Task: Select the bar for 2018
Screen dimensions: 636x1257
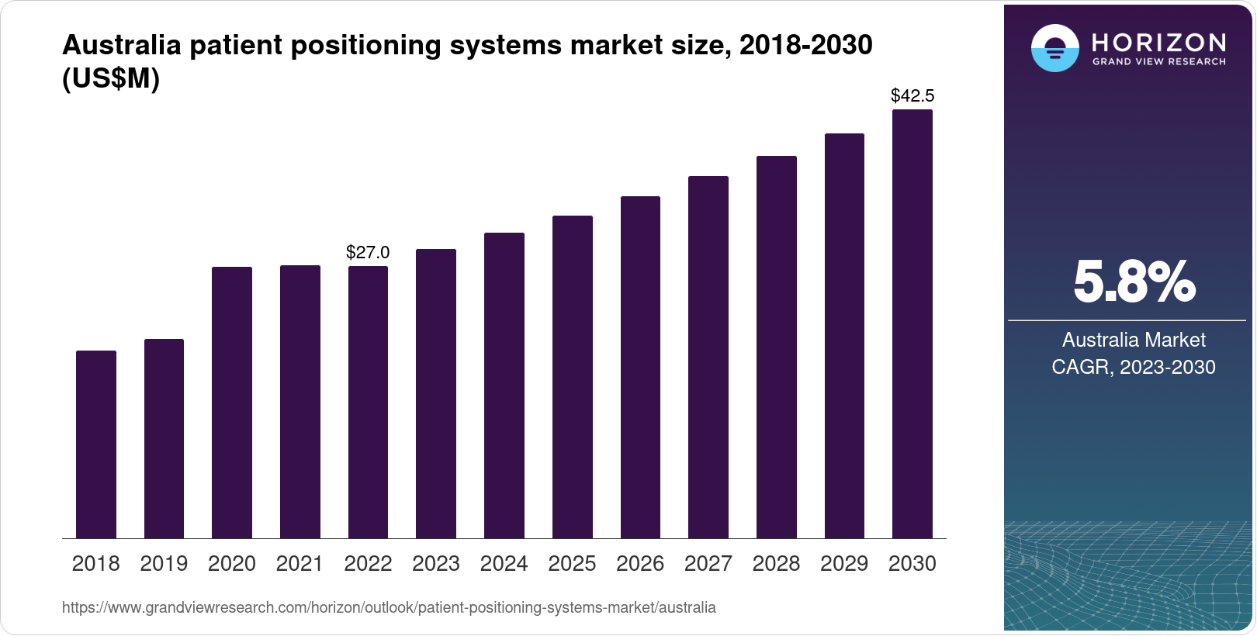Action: coord(96,444)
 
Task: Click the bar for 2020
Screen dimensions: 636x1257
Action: coord(232,403)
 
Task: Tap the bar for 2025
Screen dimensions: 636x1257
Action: coord(572,377)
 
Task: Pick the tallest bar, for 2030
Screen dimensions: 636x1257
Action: coord(912,324)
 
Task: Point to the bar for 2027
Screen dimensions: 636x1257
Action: coord(708,358)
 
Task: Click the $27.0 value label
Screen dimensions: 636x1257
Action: coord(368,252)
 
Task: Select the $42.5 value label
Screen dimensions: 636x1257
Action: coord(912,95)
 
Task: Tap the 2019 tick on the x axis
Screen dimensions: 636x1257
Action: coord(164,564)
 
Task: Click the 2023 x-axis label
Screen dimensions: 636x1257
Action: coord(436,564)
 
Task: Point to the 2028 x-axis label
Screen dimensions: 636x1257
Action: coord(776,564)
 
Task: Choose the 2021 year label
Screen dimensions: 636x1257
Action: coord(300,564)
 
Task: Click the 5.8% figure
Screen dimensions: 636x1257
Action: coord(1134,282)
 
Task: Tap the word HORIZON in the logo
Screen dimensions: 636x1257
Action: coord(1158,42)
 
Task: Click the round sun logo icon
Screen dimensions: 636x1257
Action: coord(1054,48)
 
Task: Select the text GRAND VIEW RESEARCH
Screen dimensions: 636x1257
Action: coord(1158,62)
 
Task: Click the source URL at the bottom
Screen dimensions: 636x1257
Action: coord(389,607)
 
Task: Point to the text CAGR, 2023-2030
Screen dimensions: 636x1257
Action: coord(1133,367)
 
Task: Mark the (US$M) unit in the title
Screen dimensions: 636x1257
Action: coord(111,79)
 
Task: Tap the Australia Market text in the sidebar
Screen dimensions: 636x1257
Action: coord(1133,340)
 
